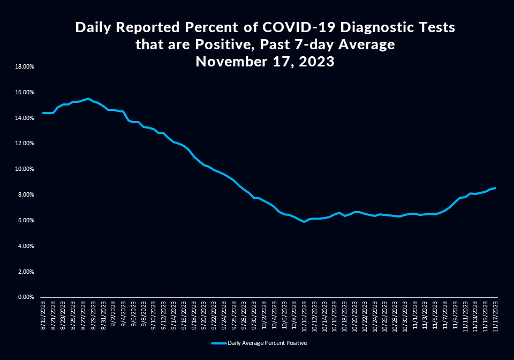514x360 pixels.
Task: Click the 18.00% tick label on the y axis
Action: click(x=25, y=67)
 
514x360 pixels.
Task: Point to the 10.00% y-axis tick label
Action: click(x=25, y=169)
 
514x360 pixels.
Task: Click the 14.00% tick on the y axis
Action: click(x=25, y=118)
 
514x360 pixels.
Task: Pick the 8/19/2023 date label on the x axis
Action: click(x=43, y=317)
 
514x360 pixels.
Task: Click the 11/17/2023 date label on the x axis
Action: click(x=496, y=317)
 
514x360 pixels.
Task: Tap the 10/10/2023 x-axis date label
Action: click(x=305, y=317)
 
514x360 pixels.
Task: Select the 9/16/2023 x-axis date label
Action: click(x=184, y=317)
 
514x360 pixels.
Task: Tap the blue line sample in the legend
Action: click(x=218, y=342)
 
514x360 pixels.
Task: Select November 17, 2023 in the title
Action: click(x=265, y=62)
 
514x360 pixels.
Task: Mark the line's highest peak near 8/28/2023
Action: click(x=88, y=99)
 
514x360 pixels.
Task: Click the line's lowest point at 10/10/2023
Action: click(x=304, y=221)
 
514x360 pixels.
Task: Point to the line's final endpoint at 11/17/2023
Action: click(x=496, y=188)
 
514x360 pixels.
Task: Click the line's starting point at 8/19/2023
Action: click(x=43, y=113)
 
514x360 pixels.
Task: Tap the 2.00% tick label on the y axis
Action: click(x=26, y=272)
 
